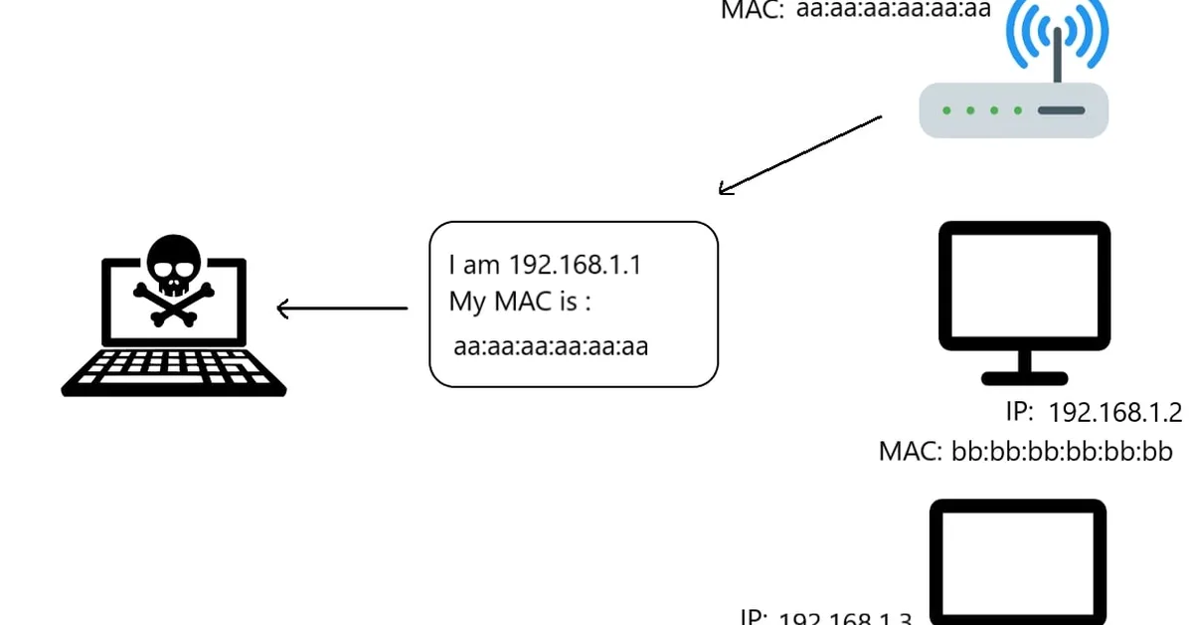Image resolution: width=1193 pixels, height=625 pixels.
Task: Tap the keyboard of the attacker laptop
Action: point(174,372)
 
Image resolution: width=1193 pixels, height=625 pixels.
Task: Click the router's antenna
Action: point(1057,55)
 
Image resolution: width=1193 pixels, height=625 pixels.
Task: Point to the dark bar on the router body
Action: point(1061,110)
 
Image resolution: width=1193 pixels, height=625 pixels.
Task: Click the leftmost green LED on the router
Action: point(945,110)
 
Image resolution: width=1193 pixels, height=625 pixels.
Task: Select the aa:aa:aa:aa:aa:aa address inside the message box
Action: point(551,347)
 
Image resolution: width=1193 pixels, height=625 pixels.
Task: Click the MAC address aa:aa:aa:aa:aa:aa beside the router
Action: point(894,10)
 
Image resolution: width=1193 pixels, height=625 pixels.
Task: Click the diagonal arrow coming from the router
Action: point(799,155)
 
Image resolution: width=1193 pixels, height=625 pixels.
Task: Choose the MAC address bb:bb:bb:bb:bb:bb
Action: point(1062,452)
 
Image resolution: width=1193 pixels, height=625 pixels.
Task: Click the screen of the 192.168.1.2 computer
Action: point(1024,286)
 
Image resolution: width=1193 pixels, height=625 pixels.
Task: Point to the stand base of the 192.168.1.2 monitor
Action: point(1024,378)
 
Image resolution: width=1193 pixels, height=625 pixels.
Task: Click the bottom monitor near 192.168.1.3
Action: point(1018,562)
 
